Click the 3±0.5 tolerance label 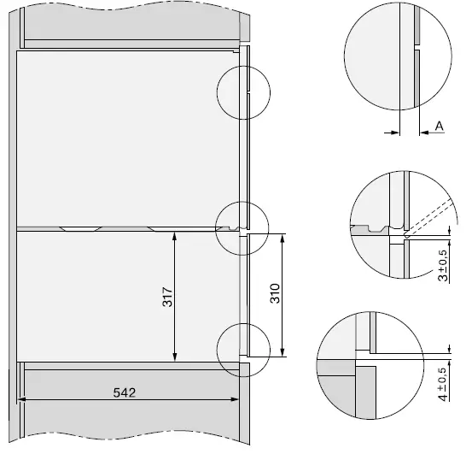[x=442, y=266]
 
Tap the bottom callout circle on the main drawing [x=242, y=351]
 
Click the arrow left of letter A [x=393, y=132]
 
